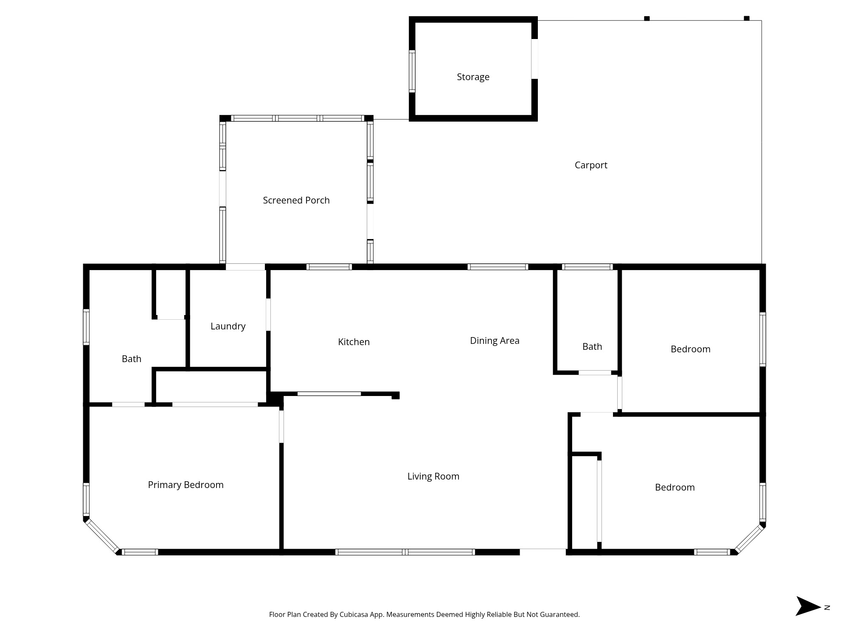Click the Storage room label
473,77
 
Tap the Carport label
591,165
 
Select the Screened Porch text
296,200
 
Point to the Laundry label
228,326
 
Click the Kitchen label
354,342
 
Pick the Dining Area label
495,341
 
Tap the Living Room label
433,476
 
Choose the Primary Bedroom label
186,485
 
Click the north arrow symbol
808,606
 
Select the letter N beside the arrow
827,608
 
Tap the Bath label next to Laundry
132,359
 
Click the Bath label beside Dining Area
592,346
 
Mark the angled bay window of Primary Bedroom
102,536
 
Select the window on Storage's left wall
412,71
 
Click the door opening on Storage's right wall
534,59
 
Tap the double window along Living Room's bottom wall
405,552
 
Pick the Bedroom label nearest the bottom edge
675,487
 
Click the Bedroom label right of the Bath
690,349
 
